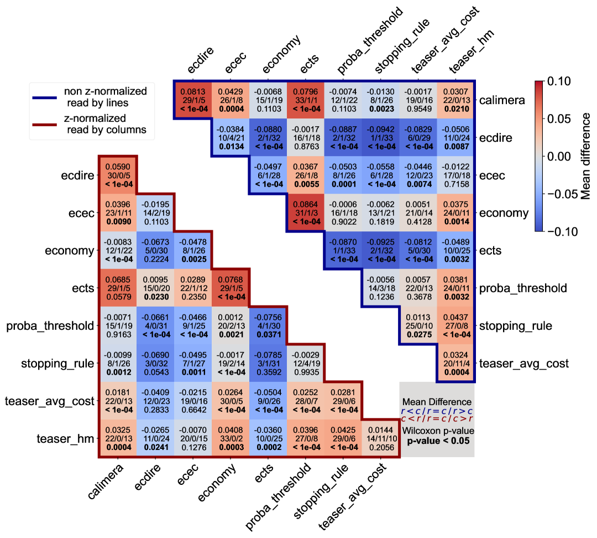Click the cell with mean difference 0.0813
[193, 100]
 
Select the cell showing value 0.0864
[305, 213]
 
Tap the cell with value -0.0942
[380, 138]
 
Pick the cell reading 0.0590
[118, 175]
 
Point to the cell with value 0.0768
[231, 288]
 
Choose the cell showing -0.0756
[268, 325]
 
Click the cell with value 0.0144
[380, 438]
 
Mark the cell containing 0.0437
[455, 325]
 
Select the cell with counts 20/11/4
[455, 363]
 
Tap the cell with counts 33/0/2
[231, 438]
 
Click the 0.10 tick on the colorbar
[558, 81]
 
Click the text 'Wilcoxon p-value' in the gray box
[437, 430]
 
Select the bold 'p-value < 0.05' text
[437, 441]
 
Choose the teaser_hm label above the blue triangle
[470, 51]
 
